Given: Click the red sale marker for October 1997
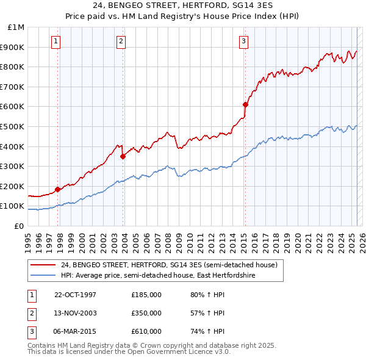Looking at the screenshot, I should [58, 189].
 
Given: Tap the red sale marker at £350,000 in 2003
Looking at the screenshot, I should [123, 156].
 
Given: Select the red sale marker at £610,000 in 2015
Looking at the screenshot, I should [245, 104].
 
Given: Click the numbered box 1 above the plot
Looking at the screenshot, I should [56, 41].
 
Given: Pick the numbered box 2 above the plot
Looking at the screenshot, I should [121, 41].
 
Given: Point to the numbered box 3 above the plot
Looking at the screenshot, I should [243, 41].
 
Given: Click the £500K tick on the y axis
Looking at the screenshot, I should [14, 126].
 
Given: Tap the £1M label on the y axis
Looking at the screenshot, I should [16, 27].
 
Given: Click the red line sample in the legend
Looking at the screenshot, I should [43, 265].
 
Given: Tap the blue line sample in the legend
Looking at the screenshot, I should [43, 275].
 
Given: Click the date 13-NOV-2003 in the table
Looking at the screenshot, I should [76, 313].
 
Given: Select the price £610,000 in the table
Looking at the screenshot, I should [146, 331].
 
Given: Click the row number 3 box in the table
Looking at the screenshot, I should [30, 331].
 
